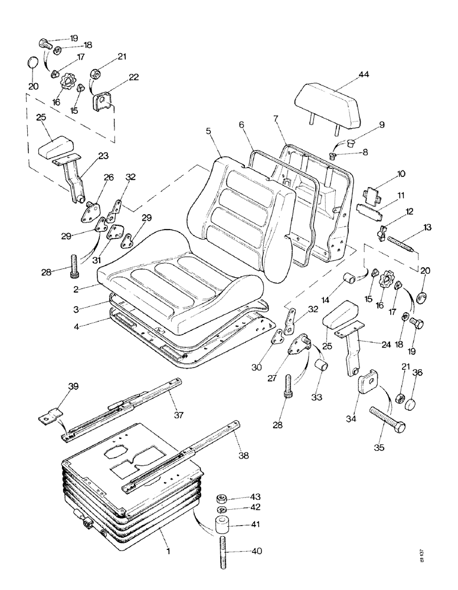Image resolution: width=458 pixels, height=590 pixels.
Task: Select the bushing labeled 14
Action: tap(352, 277)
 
